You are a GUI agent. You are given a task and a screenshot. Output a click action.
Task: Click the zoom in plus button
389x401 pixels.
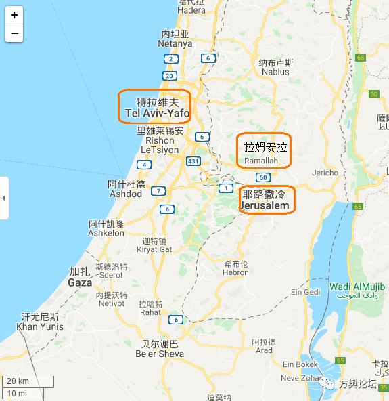pyautogui.click(x=14, y=15)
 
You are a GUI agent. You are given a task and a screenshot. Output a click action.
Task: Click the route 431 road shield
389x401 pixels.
pyautogui.click(x=193, y=161)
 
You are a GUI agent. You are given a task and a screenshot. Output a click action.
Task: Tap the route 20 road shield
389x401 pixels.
pyautogui.click(x=170, y=76)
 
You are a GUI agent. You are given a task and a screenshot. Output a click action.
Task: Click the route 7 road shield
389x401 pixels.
pyautogui.click(x=158, y=191)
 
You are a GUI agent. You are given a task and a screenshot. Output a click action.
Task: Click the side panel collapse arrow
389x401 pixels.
pyautogui.click(x=3, y=198)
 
